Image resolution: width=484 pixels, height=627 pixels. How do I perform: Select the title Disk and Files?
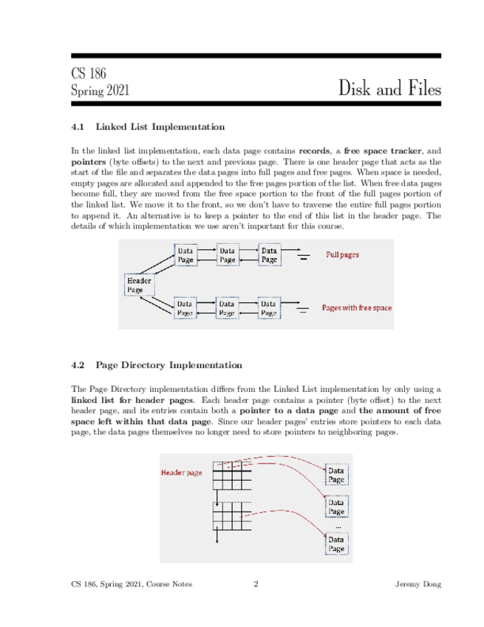(x=390, y=89)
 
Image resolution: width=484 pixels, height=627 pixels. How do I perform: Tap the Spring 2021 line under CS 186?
(x=100, y=91)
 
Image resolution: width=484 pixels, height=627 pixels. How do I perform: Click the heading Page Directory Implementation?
(x=168, y=365)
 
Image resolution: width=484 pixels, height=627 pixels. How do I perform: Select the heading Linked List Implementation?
(x=160, y=126)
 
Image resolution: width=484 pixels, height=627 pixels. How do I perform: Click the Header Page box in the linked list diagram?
(x=139, y=285)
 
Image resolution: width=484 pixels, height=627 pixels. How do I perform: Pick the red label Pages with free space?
(x=356, y=307)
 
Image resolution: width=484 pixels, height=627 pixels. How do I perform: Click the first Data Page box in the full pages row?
(x=185, y=255)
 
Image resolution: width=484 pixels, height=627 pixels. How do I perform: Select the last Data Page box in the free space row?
(x=269, y=308)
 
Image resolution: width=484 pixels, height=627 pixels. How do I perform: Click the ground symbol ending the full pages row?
(x=304, y=258)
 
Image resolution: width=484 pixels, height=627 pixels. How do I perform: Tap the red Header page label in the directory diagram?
(x=182, y=472)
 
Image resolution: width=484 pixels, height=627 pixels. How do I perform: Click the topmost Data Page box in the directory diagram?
(x=336, y=475)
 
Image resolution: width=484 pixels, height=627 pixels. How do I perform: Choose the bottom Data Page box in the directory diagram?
(x=336, y=544)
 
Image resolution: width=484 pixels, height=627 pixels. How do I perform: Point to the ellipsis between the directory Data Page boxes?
(x=338, y=526)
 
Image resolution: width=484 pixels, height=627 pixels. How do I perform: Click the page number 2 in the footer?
(x=256, y=584)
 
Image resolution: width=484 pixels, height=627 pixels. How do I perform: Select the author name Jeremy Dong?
(x=419, y=584)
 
